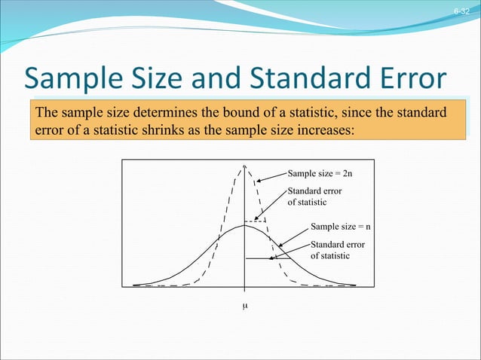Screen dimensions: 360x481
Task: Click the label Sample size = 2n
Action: coord(320,173)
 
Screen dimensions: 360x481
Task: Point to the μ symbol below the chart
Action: coord(245,307)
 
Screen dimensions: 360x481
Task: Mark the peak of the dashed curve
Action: coord(245,167)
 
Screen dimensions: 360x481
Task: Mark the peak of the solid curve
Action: coord(245,225)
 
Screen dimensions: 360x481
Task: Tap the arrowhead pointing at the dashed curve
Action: coord(258,181)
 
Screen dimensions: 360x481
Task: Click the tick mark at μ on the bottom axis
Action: coord(245,289)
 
